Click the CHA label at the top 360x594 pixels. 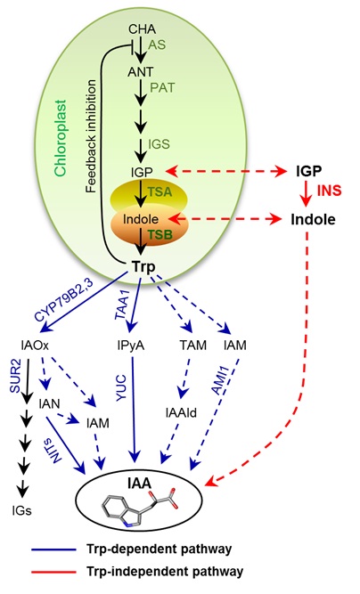point(142,28)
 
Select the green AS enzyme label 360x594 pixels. point(157,45)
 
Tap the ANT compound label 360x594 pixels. point(141,71)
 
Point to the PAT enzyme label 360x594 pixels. point(162,87)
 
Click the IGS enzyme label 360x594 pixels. point(159,144)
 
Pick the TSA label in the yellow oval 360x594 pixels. point(160,191)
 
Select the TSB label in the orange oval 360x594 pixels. point(160,234)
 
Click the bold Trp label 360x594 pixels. point(143,266)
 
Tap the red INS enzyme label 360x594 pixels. point(329,190)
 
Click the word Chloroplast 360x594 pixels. point(61,138)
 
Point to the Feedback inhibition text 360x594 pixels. point(91,136)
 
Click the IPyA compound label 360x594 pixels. point(131,346)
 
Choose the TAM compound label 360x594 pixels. point(192,346)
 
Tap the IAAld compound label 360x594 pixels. point(181,412)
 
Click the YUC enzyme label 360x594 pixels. point(121,387)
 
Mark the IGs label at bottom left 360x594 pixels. point(21,510)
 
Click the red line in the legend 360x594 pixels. point(53,572)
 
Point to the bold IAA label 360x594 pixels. point(140,483)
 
